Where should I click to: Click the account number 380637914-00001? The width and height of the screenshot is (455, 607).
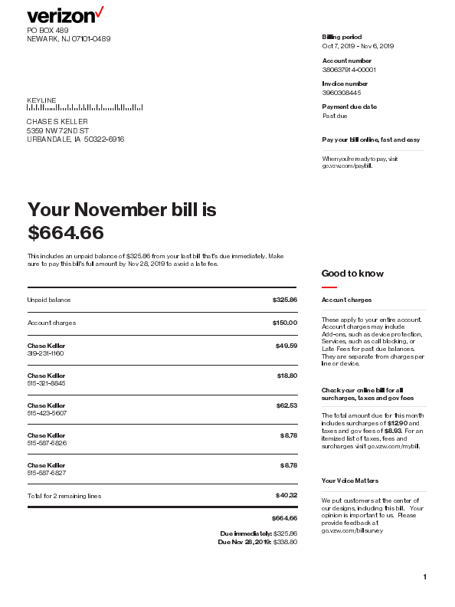[349, 70]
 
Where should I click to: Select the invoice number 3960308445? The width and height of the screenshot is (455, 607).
[342, 93]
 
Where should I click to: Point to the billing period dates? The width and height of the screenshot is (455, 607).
[358, 46]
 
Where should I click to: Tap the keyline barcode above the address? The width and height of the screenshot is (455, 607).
[84, 108]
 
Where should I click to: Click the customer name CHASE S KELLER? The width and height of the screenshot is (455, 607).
[57, 122]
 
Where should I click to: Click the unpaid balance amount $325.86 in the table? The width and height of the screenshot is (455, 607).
[284, 300]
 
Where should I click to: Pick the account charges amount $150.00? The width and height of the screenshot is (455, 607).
[284, 323]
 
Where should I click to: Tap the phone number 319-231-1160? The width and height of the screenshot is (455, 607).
[45, 353]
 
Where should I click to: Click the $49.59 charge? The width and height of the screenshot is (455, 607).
[286, 346]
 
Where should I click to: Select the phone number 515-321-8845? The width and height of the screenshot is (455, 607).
[46, 383]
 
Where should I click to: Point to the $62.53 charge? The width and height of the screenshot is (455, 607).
[286, 405]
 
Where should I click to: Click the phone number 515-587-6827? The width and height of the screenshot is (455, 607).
[47, 473]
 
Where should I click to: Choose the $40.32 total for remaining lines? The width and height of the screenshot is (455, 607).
[286, 495]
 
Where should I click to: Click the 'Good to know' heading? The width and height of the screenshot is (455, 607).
[352, 274]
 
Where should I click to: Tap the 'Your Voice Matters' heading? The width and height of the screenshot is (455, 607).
[350, 481]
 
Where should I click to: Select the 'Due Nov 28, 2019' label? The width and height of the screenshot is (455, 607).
[244, 542]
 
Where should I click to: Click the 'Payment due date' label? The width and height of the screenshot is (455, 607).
[349, 107]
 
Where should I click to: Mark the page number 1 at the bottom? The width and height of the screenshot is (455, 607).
[424, 576]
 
